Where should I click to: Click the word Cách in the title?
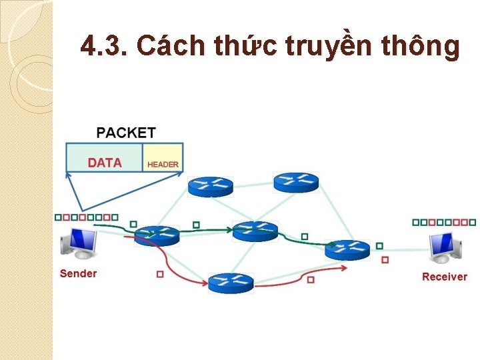173,46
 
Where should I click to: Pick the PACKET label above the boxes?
126,133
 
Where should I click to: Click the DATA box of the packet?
105,163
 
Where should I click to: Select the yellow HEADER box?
163,163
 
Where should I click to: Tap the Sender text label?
78,273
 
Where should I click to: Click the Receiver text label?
444,277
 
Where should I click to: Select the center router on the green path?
255,231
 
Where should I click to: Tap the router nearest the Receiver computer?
347,249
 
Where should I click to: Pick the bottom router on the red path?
231,283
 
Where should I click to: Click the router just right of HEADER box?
210,186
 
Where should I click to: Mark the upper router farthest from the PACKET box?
296,181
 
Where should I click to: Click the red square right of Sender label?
160,274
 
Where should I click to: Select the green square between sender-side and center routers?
196,225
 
